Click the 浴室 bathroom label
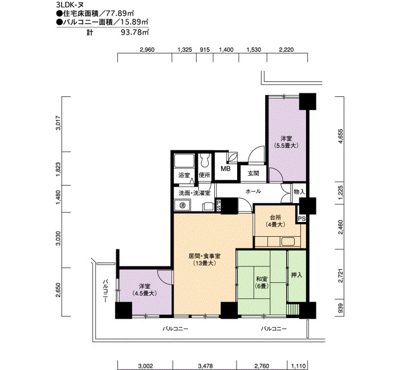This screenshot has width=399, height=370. pyautogui.click(x=184, y=175)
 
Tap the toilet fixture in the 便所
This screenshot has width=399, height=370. pyautogui.click(x=204, y=161)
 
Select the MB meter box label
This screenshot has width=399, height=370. pyautogui.click(x=226, y=168)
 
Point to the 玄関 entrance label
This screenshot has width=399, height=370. pyautogui.click(x=254, y=173)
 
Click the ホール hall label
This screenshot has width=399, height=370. pyautogui.click(x=253, y=191)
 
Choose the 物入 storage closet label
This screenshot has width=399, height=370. pyautogui.click(x=299, y=192)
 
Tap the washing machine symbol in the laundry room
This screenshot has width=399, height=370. pyautogui.click(x=182, y=205)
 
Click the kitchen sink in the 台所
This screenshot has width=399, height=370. pyautogui.click(x=288, y=241)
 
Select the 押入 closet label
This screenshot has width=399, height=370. pyautogui.click(x=296, y=275)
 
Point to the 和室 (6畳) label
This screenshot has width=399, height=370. pyautogui.click(x=261, y=282)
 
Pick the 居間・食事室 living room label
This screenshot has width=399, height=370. pyautogui.click(x=204, y=256)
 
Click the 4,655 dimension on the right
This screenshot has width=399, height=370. pyautogui.click(x=341, y=137)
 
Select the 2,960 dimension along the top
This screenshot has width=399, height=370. pyautogui.click(x=147, y=50)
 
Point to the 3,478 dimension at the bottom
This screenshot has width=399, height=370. pyautogui.click(x=205, y=366)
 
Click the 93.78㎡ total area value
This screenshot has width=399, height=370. pyautogui.click(x=135, y=32)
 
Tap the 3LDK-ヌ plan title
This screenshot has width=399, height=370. pyautogui.click(x=70, y=5)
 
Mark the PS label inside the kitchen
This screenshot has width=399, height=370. pyautogui.click(x=302, y=219)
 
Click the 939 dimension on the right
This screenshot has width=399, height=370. pyautogui.click(x=341, y=308)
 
